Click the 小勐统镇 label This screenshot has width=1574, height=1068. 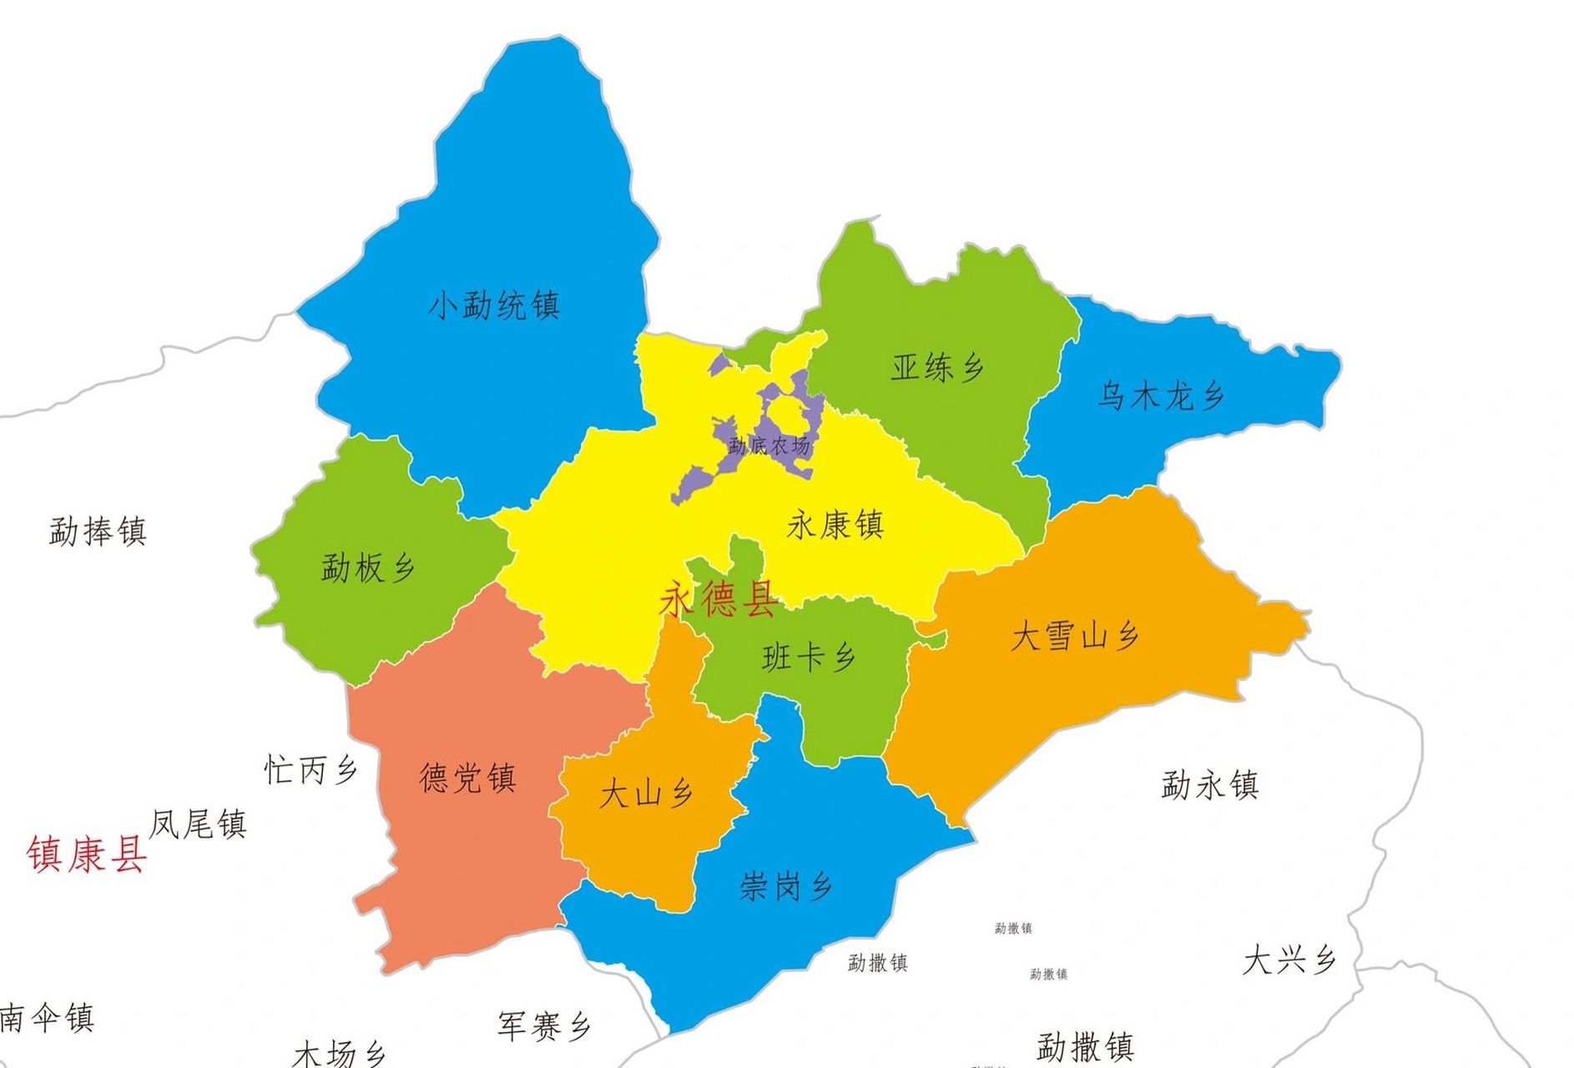(x=493, y=305)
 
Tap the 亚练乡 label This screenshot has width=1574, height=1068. (x=937, y=367)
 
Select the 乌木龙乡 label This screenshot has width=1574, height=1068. (x=1160, y=395)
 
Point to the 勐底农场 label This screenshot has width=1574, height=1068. (x=769, y=446)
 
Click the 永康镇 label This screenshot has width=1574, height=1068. (x=835, y=526)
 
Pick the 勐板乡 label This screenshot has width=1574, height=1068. (x=368, y=568)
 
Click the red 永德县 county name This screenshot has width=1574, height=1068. (x=719, y=599)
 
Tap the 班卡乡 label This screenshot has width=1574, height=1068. (x=809, y=657)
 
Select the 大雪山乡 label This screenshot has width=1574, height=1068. (x=1075, y=637)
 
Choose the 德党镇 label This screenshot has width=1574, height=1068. (x=467, y=778)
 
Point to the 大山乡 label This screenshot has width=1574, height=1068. (x=646, y=793)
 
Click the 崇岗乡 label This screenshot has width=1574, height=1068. (x=785, y=885)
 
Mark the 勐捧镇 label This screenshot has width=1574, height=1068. (x=98, y=531)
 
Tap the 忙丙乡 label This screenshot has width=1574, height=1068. (x=310, y=769)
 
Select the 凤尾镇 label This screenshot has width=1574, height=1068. (x=198, y=824)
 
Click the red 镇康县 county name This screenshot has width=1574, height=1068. (x=87, y=854)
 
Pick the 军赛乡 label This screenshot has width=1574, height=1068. (x=544, y=1025)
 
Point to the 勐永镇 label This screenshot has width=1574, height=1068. (x=1209, y=785)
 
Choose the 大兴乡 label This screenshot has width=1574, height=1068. (x=1289, y=960)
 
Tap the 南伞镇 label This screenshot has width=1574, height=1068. (x=47, y=1018)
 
